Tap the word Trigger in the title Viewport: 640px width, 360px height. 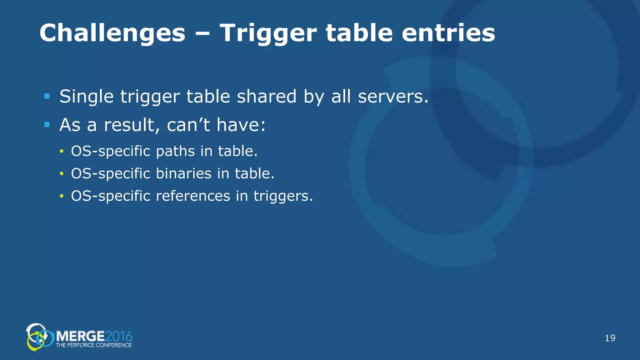point(268,33)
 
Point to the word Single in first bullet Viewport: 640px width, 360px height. point(87,97)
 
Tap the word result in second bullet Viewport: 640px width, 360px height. point(129,125)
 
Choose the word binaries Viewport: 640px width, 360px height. point(184,173)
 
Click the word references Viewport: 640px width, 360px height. point(193,196)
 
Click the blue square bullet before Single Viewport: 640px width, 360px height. point(47,96)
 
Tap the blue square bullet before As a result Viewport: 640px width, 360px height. point(47,125)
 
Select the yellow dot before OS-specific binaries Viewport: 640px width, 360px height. point(62,174)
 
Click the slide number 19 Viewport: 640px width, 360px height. point(610,338)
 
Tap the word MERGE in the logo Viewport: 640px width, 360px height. point(80,336)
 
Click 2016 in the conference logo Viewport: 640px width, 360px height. point(119,336)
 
